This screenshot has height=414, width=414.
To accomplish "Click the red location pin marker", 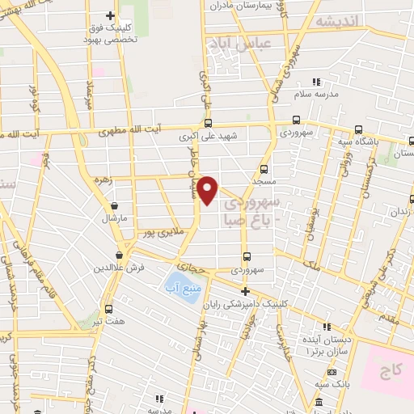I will (208, 190).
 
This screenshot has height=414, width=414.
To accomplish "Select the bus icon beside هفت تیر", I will (110, 309).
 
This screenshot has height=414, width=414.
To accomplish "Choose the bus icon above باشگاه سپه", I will (359, 129).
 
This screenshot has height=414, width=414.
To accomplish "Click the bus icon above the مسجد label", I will (264, 169).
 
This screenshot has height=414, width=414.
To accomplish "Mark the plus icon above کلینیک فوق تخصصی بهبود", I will (111, 16).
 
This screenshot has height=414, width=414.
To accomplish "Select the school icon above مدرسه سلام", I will (317, 82).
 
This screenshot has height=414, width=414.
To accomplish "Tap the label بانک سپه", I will (320, 385).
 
